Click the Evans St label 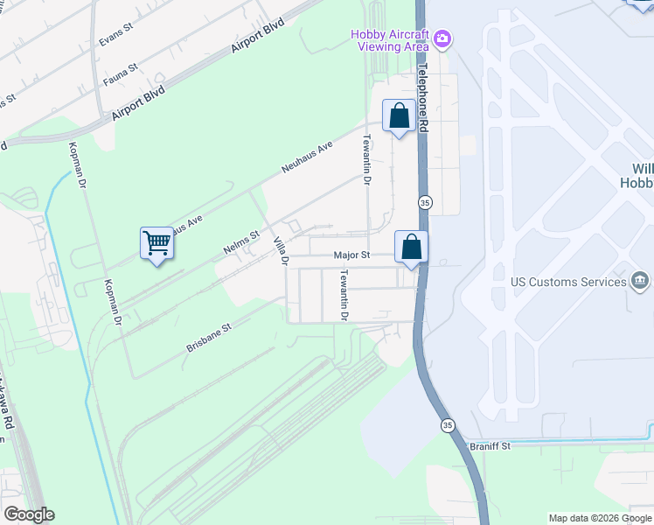pyautogui.click(x=115, y=32)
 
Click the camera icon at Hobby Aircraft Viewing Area pyautogui.click(x=443, y=38)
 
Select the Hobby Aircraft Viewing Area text pyautogui.click(x=389, y=40)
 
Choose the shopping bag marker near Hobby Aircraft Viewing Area pyautogui.click(x=399, y=117)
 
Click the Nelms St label pyautogui.click(x=241, y=241)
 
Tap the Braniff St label pyautogui.click(x=490, y=445)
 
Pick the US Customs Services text pyautogui.click(x=568, y=282)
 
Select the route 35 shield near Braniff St pyautogui.click(x=448, y=425)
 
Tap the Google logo pyautogui.click(x=29, y=514)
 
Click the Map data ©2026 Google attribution pyautogui.click(x=601, y=518)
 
